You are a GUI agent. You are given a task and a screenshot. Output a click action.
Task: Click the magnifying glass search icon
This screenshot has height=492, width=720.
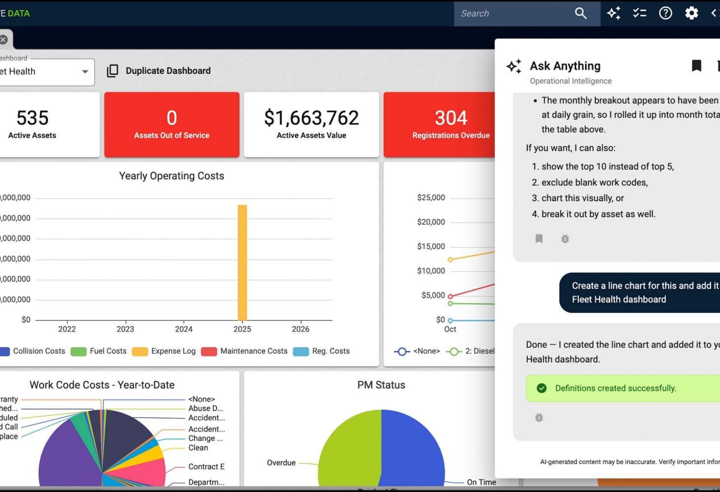coord(581,13)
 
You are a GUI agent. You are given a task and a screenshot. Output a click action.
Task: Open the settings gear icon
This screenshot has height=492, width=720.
coord(691,13)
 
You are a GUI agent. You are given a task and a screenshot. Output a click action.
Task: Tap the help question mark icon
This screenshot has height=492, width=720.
coord(665,13)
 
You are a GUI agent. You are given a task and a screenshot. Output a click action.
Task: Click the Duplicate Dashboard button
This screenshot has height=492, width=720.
coord(159,71)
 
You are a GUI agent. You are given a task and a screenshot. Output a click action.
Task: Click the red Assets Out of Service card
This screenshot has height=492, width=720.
coord(172,124)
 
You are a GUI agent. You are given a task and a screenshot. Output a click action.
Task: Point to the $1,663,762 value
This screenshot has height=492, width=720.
coord(311,118)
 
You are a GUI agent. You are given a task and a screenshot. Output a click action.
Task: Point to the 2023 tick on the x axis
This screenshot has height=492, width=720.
coord(125,329)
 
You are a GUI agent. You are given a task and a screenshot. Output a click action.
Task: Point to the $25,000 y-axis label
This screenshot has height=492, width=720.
coord(431,198)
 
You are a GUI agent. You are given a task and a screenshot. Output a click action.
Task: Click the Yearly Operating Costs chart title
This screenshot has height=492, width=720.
coord(172,176)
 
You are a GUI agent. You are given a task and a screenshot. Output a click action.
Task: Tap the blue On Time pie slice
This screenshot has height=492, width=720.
coord(413,448)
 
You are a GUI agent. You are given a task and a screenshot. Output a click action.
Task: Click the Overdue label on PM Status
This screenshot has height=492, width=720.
coord(281,463)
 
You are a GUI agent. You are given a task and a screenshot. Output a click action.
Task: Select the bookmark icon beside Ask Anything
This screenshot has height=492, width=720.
coord(696,66)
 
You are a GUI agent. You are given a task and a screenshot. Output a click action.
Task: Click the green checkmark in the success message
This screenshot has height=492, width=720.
coord(541,388)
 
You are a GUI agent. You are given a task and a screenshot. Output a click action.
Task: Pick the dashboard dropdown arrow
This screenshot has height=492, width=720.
coord(85,72)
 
